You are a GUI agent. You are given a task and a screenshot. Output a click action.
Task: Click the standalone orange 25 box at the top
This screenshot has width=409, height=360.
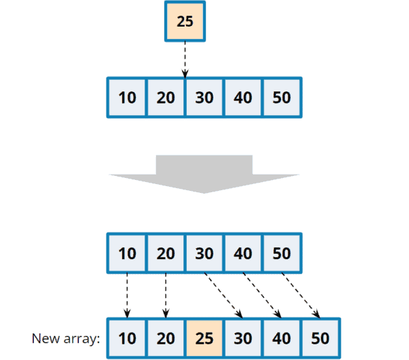[x=185, y=21]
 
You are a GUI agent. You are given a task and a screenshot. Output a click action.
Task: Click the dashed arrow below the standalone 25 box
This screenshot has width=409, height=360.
[x=185, y=60]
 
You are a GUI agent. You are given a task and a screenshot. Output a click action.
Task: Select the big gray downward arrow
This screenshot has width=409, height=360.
[x=204, y=174]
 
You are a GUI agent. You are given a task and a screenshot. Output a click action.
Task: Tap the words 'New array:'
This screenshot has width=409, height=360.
[x=65, y=339]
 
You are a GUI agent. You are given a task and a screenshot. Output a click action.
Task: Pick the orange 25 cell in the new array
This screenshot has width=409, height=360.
[x=204, y=338]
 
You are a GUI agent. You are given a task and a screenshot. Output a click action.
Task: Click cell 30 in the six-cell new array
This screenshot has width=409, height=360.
[x=243, y=338]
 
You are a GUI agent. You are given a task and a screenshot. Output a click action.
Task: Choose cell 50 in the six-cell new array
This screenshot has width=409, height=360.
[x=320, y=338]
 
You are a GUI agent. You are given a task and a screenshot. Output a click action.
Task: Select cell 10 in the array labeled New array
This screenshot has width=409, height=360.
[x=127, y=338]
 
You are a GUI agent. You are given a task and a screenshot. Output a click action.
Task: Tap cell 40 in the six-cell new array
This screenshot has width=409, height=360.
[x=282, y=338]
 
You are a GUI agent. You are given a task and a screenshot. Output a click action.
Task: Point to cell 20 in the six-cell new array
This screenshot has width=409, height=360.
[x=166, y=338]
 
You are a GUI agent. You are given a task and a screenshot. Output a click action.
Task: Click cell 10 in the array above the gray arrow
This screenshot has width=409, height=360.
[x=127, y=97]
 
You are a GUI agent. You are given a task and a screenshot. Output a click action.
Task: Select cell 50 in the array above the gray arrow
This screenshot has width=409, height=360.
[x=282, y=97]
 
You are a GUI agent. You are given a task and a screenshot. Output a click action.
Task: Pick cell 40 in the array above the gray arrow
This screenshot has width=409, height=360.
[x=243, y=97]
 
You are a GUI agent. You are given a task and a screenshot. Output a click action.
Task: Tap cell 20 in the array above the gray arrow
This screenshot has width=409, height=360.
[x=166, y=97]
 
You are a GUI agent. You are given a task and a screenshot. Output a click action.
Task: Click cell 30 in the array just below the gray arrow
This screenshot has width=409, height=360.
[x=204, y=253]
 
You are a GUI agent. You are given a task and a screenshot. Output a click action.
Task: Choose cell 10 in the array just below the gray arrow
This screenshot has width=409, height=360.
[x=127, y=253]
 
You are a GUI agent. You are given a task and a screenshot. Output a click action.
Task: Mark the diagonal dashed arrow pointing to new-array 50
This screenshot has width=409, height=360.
[x=301, y=295]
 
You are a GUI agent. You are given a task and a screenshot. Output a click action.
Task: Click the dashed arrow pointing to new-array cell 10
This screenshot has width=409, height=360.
[x=127, y=295]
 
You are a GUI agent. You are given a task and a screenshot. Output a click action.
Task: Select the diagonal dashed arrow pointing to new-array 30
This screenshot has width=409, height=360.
[x=224, y=295]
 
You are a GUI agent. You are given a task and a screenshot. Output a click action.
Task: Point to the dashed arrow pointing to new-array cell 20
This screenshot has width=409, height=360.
[x=166, y=295]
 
